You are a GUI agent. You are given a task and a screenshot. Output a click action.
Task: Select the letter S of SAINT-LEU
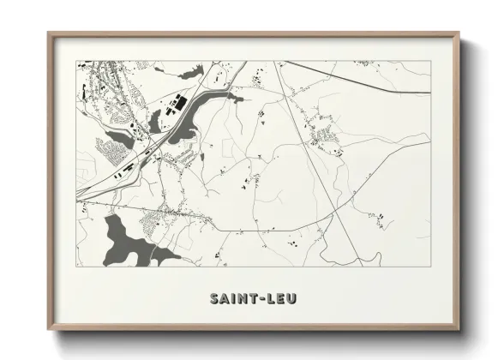click(x=214, y=297)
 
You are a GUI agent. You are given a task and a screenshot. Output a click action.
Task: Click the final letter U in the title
click(x=291, y=297)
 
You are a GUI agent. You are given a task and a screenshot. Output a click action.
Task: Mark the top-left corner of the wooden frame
click(x=49, y=33)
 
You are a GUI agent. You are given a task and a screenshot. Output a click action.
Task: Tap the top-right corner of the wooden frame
click(x=461, y=33)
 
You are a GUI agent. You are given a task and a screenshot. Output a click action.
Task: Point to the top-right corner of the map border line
click(x=430, y=61)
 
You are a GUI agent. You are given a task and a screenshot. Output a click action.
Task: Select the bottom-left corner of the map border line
click(x=77, y=265)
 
